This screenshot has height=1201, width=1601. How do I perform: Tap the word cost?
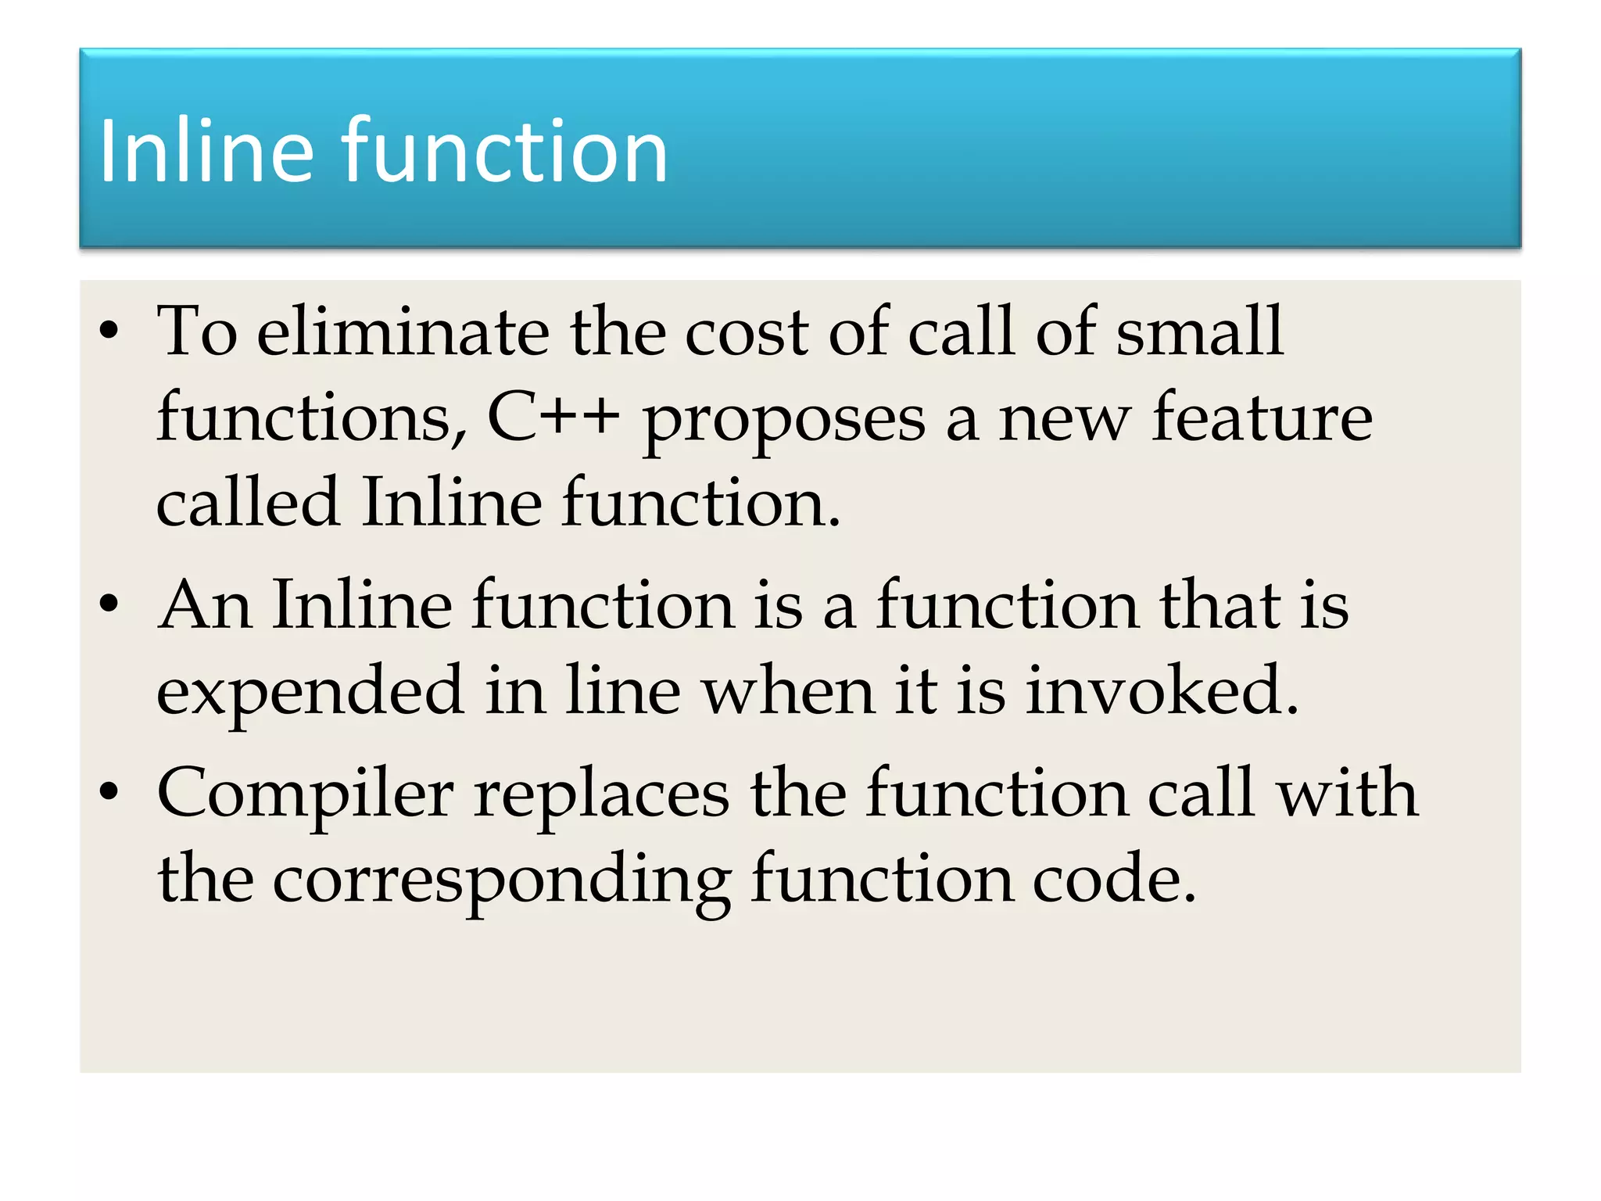747,333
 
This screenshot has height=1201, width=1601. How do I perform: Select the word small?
1199,332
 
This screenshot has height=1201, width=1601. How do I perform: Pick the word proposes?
783,422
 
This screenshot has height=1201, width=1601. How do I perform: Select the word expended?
310,693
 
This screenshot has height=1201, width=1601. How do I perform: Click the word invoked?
1162,691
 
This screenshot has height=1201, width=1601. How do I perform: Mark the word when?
787,691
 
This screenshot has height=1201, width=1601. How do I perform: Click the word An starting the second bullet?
205,605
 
